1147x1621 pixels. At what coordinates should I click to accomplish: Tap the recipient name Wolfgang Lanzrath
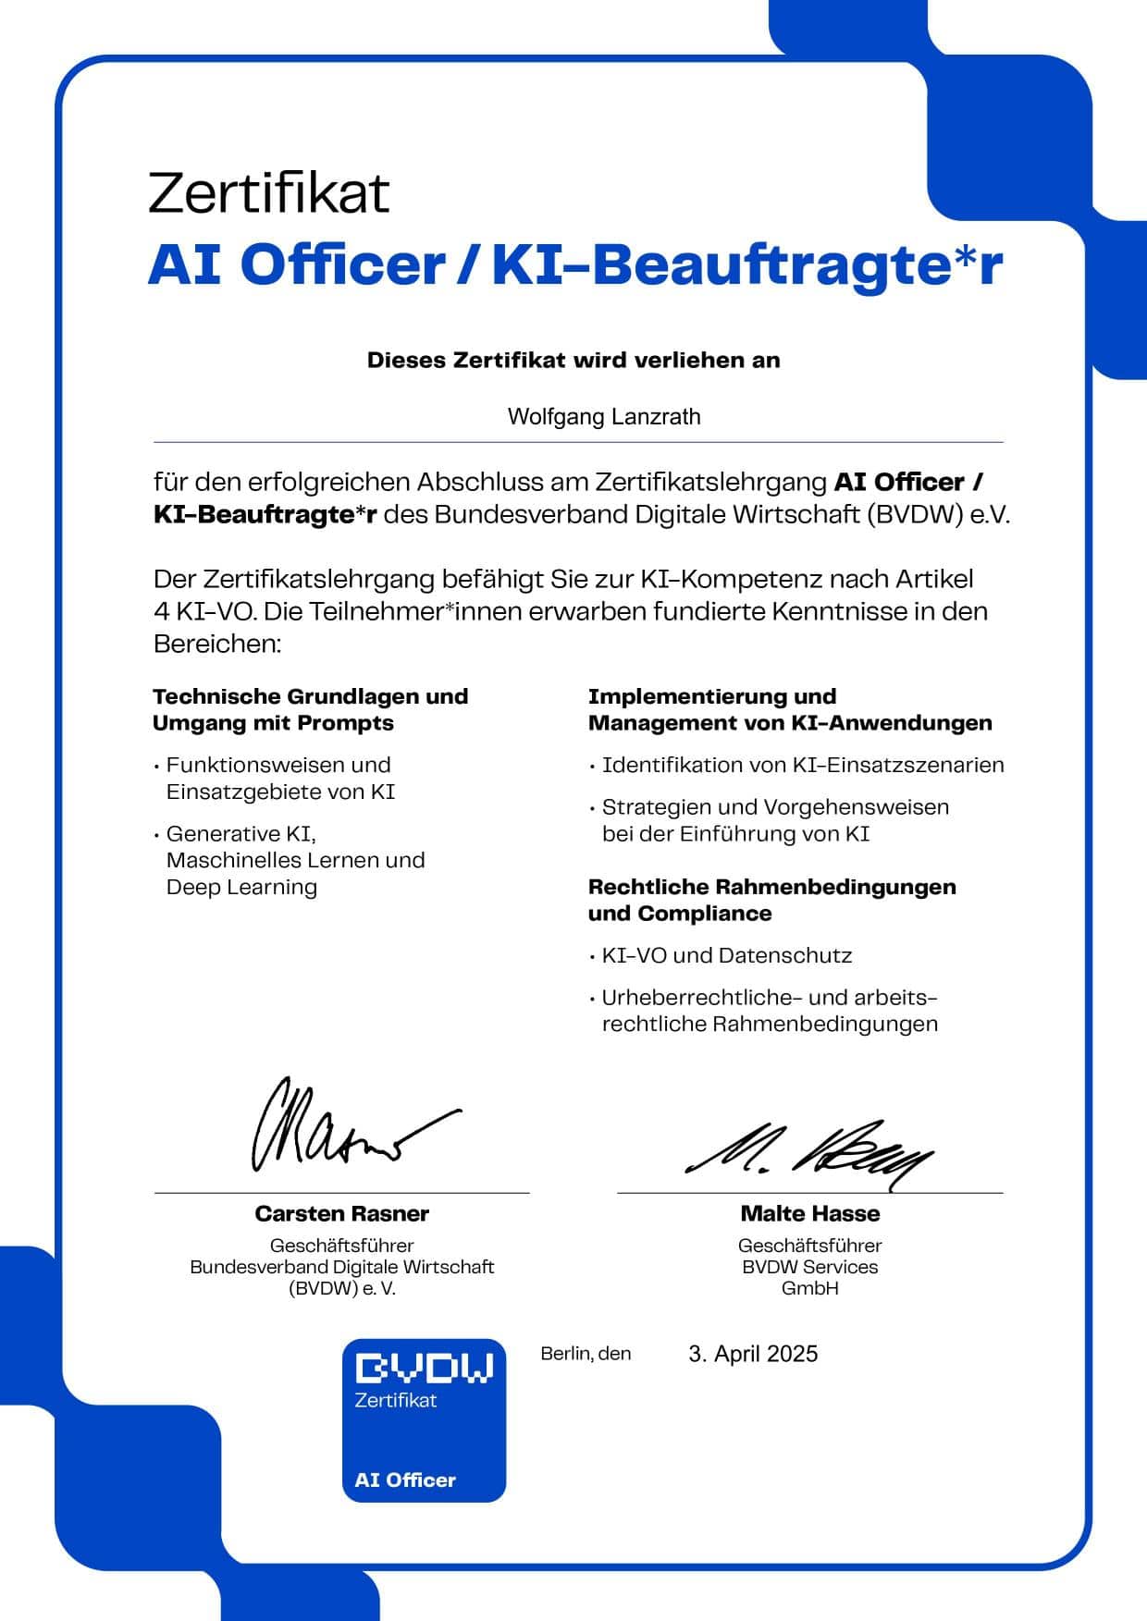click(604, 416)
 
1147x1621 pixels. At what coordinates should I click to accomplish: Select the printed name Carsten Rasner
click(342, 1213)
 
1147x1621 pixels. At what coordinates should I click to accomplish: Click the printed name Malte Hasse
click(809, 1213)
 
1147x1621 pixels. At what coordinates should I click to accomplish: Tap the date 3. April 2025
click(753, 1354)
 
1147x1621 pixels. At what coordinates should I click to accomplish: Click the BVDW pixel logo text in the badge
click(425, 1368)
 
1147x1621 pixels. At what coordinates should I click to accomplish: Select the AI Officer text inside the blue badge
click(405, 1480)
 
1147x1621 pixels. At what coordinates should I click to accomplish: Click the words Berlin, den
click(586, 1354)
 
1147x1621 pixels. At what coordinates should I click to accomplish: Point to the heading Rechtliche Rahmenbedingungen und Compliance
click(771, 900)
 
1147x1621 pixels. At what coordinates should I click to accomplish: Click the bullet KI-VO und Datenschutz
click(726, 955)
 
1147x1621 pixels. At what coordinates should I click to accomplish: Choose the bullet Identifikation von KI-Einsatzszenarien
click(802, 765)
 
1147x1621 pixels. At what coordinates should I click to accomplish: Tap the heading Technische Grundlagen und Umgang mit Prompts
click(310, 709)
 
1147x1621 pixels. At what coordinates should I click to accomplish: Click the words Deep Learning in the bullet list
click(241, 887)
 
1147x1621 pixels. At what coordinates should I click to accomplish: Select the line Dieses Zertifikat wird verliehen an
click(573, 360)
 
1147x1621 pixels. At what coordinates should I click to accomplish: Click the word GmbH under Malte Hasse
click(809, 1288)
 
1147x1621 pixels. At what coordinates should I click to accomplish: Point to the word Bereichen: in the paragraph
click(216, 644)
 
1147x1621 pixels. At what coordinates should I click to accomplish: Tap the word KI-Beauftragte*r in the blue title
click(747, 265)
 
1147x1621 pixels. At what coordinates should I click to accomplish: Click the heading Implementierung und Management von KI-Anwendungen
click(789, 709)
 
